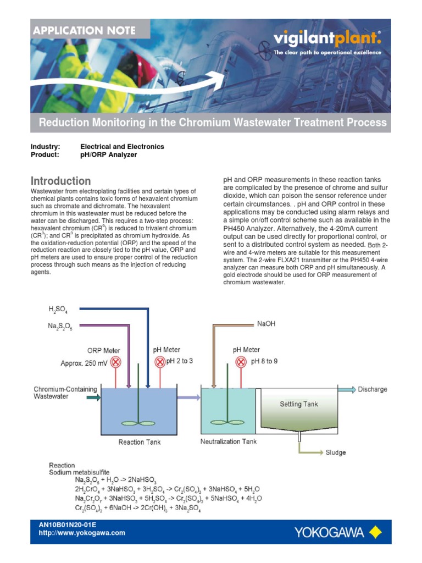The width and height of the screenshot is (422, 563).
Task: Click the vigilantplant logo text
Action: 326,39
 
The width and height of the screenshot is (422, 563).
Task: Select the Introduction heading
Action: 60,181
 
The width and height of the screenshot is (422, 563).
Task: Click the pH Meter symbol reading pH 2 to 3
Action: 160,362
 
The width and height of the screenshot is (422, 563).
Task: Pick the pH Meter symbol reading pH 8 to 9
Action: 241,362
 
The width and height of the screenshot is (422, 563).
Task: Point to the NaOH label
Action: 266,324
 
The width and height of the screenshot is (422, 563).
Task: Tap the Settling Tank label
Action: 299,404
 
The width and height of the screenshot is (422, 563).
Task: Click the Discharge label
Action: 373,389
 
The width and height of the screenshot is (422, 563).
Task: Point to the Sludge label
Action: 335,452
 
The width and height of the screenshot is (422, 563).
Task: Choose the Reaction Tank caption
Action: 139,442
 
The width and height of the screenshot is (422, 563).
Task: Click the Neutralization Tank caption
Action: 228,441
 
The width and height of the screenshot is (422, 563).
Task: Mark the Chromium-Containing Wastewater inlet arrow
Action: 94,397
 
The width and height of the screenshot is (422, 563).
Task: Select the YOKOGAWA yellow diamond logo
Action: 375,532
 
